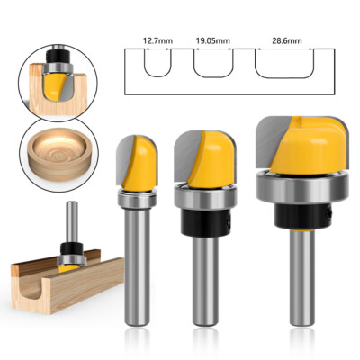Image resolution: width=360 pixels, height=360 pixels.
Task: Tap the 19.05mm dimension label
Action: (212, 40)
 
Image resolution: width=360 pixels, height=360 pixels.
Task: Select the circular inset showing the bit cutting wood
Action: (50, 79)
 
